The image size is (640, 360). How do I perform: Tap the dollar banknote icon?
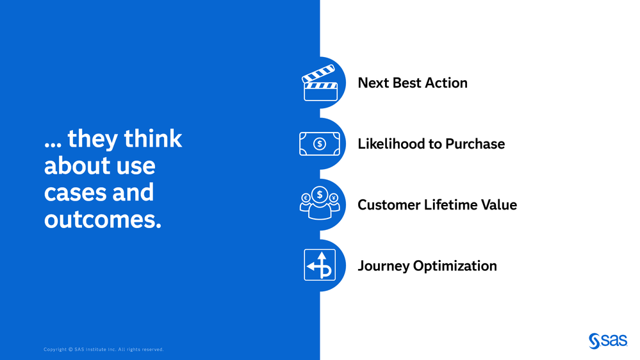(x=320, y=143)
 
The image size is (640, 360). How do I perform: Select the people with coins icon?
(x=320, y=203)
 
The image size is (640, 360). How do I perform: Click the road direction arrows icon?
(x=320, y=265)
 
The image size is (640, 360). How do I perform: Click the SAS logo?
(x=608, y=341)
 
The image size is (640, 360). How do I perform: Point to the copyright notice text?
(x=104, y=349)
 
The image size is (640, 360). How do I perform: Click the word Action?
(x=446, y=83)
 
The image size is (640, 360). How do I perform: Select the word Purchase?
(x=475, y=143)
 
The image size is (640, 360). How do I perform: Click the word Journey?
(x=384, y=266)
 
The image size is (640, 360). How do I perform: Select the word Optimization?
(x=455, y=266)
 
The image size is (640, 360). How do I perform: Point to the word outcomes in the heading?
(x=103, y=220)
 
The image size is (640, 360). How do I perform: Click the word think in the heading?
(x=153, y=138)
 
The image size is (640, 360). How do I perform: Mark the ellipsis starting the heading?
(x=53, y=145)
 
